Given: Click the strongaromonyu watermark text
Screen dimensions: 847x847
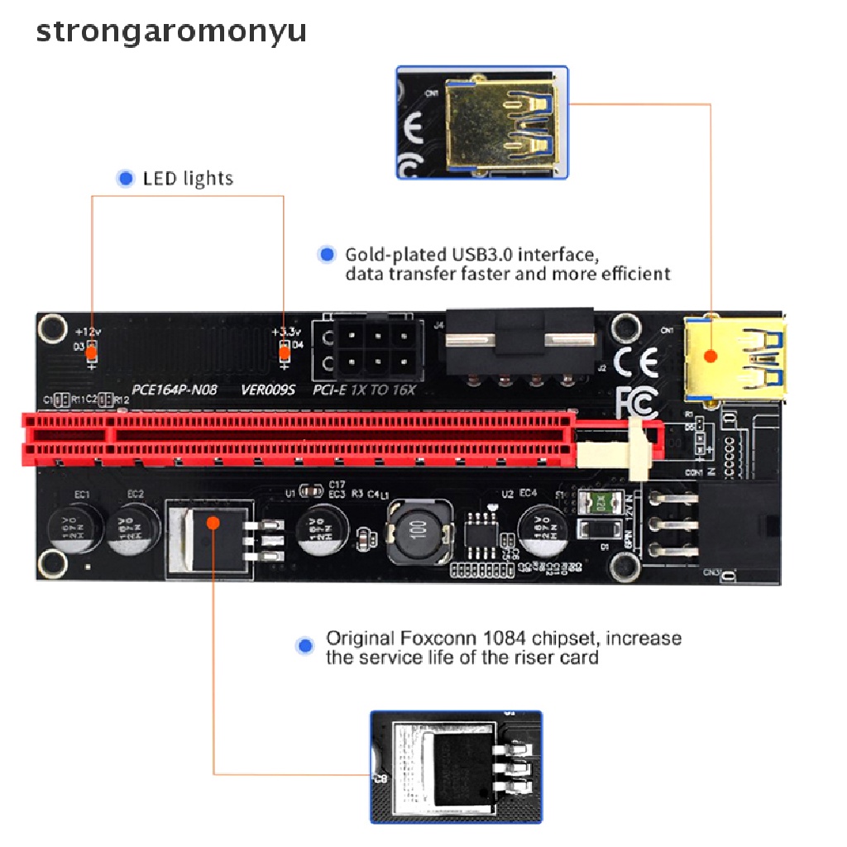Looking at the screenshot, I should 171,31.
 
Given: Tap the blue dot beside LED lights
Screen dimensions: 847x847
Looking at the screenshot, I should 126,178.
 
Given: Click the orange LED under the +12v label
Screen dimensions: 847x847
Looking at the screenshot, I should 91,353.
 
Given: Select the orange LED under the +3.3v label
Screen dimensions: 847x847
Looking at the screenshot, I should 285,353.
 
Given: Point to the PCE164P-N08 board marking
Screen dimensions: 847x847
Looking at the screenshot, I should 175,389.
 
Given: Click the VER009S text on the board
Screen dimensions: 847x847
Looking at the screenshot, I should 268,389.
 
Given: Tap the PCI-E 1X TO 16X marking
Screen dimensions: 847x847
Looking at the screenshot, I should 364,389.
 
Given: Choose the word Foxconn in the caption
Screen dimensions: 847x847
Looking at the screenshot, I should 437,639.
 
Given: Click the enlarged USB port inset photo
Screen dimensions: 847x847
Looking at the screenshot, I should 482,122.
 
